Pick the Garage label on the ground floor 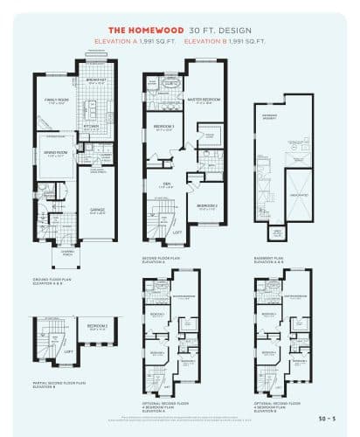[x=97, y=210]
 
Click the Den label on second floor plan [x=165, y=185]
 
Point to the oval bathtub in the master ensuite [x=156, y=85]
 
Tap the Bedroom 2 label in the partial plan [x=97, y=328]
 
